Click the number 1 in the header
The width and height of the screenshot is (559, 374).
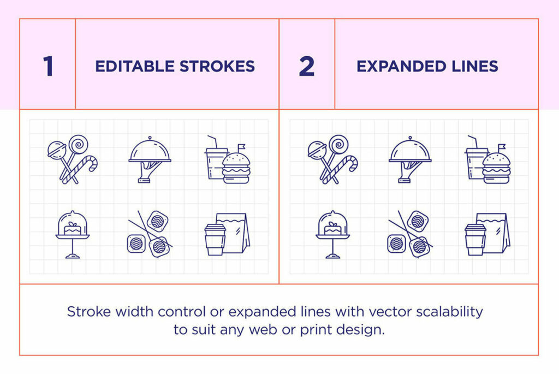click(48, 67)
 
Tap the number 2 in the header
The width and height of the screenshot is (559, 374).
click(307, 67)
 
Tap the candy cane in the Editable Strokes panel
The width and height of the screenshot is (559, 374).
click(83, 167)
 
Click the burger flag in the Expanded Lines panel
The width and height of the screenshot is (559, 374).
click(501, 147)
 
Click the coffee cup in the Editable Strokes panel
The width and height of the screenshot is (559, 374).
click(215, 239)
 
